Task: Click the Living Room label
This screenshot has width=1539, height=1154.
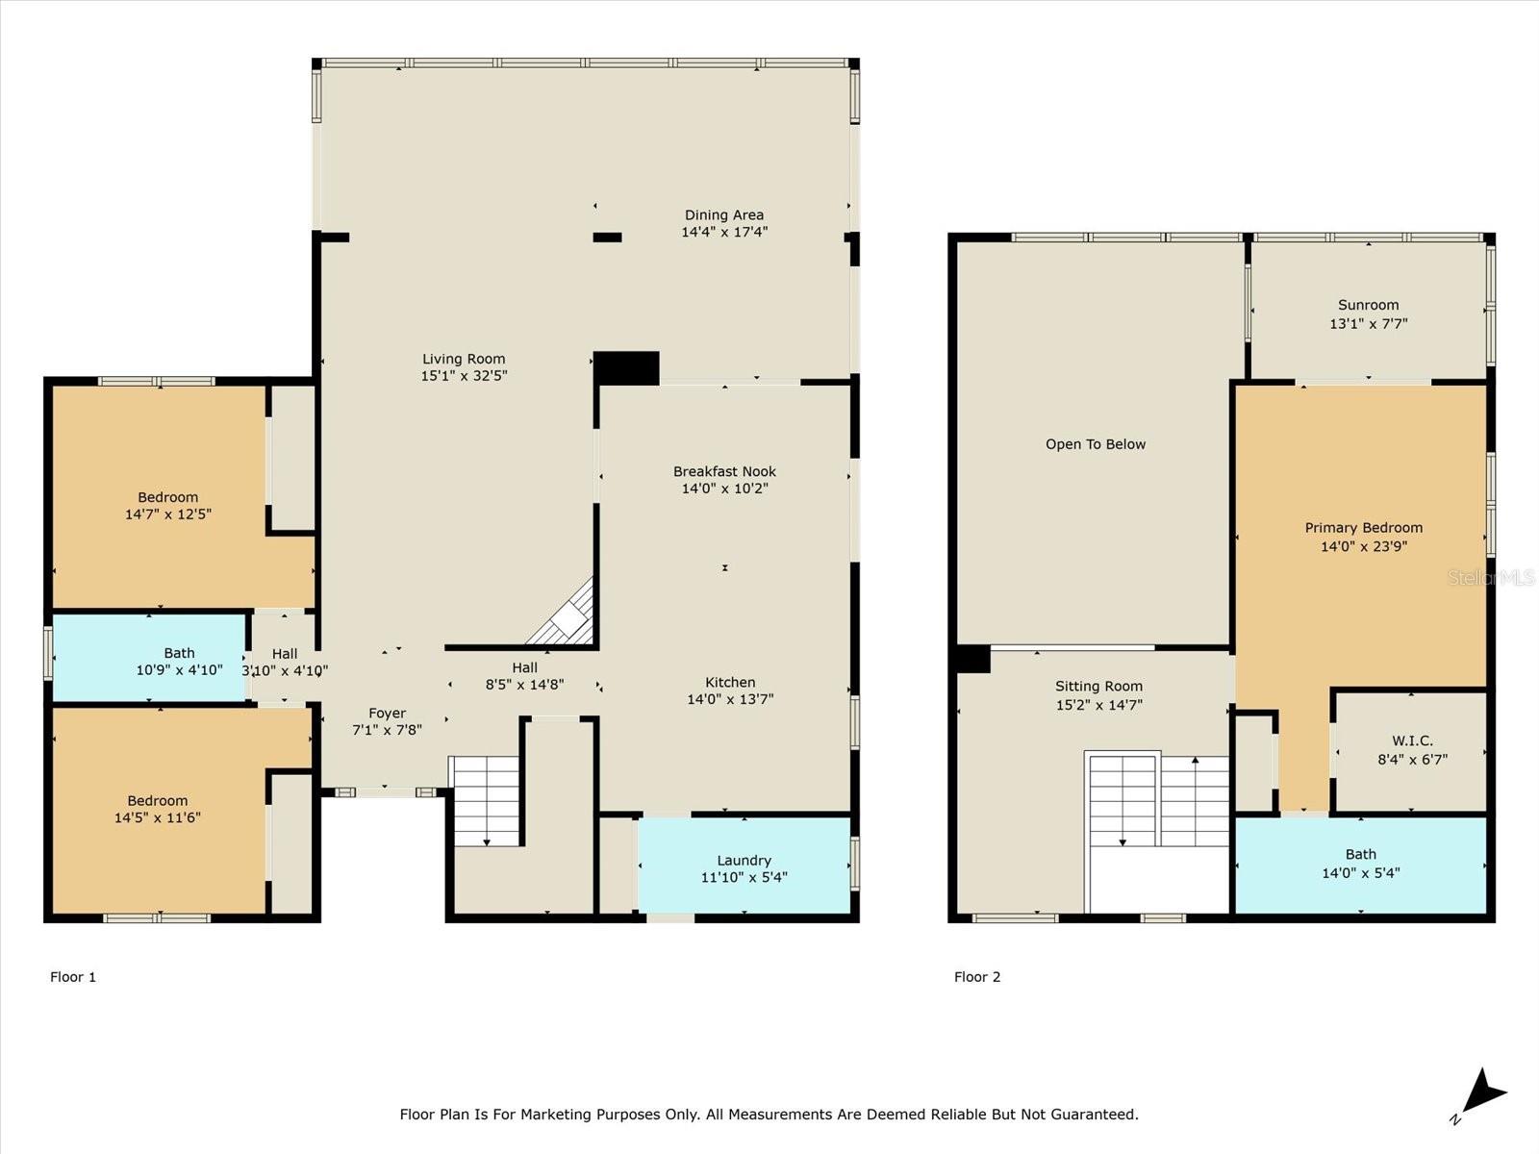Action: (464, 359)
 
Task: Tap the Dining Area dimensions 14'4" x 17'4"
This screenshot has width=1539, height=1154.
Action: (724, 232)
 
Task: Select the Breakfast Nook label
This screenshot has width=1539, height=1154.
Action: (724, 471)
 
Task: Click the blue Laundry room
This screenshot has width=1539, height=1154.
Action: (744, 865)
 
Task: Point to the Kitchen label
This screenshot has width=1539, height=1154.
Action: (730, 682)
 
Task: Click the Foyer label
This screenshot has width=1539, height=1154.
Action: (387, 714)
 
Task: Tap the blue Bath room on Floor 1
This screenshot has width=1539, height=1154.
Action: (149, 659)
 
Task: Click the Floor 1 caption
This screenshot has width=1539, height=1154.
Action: (73, 977)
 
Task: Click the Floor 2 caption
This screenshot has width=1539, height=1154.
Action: (977, 977)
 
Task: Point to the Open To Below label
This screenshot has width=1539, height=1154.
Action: (1096, 444)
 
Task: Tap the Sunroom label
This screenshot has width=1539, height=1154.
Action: (1368, 305)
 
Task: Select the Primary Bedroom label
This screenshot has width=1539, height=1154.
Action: (1363, 528)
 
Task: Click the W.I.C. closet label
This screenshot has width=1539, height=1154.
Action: (1412, 740)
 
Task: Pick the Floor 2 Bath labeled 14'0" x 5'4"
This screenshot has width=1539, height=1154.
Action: (1360, 864)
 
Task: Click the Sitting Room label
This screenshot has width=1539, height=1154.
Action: (1098, 687)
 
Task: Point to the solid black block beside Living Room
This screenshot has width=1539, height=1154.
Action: (626, 368)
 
